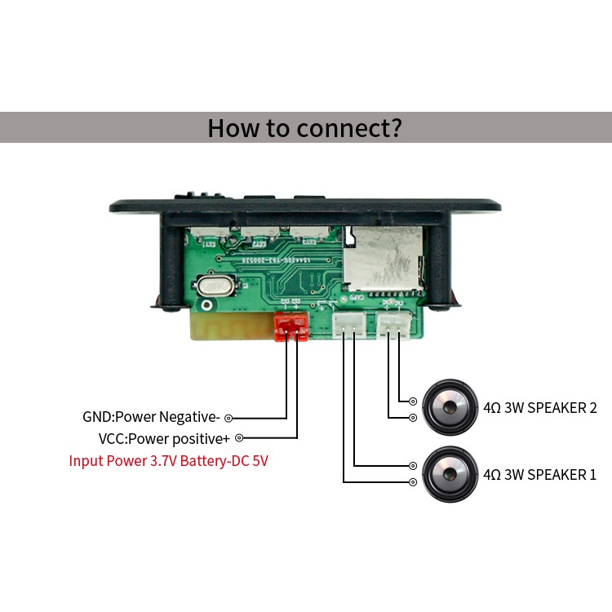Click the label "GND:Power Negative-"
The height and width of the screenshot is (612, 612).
point(152,416)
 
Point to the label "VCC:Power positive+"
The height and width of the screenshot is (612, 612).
point(164,438)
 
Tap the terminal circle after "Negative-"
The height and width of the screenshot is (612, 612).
point(228,417)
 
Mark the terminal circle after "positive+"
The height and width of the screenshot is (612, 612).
point(238,438)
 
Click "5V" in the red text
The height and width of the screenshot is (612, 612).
point(259,461)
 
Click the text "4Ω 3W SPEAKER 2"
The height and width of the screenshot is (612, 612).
point(539,407)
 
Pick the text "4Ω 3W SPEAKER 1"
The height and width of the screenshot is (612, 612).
point(539,474)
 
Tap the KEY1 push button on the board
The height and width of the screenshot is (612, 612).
point(214,239)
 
